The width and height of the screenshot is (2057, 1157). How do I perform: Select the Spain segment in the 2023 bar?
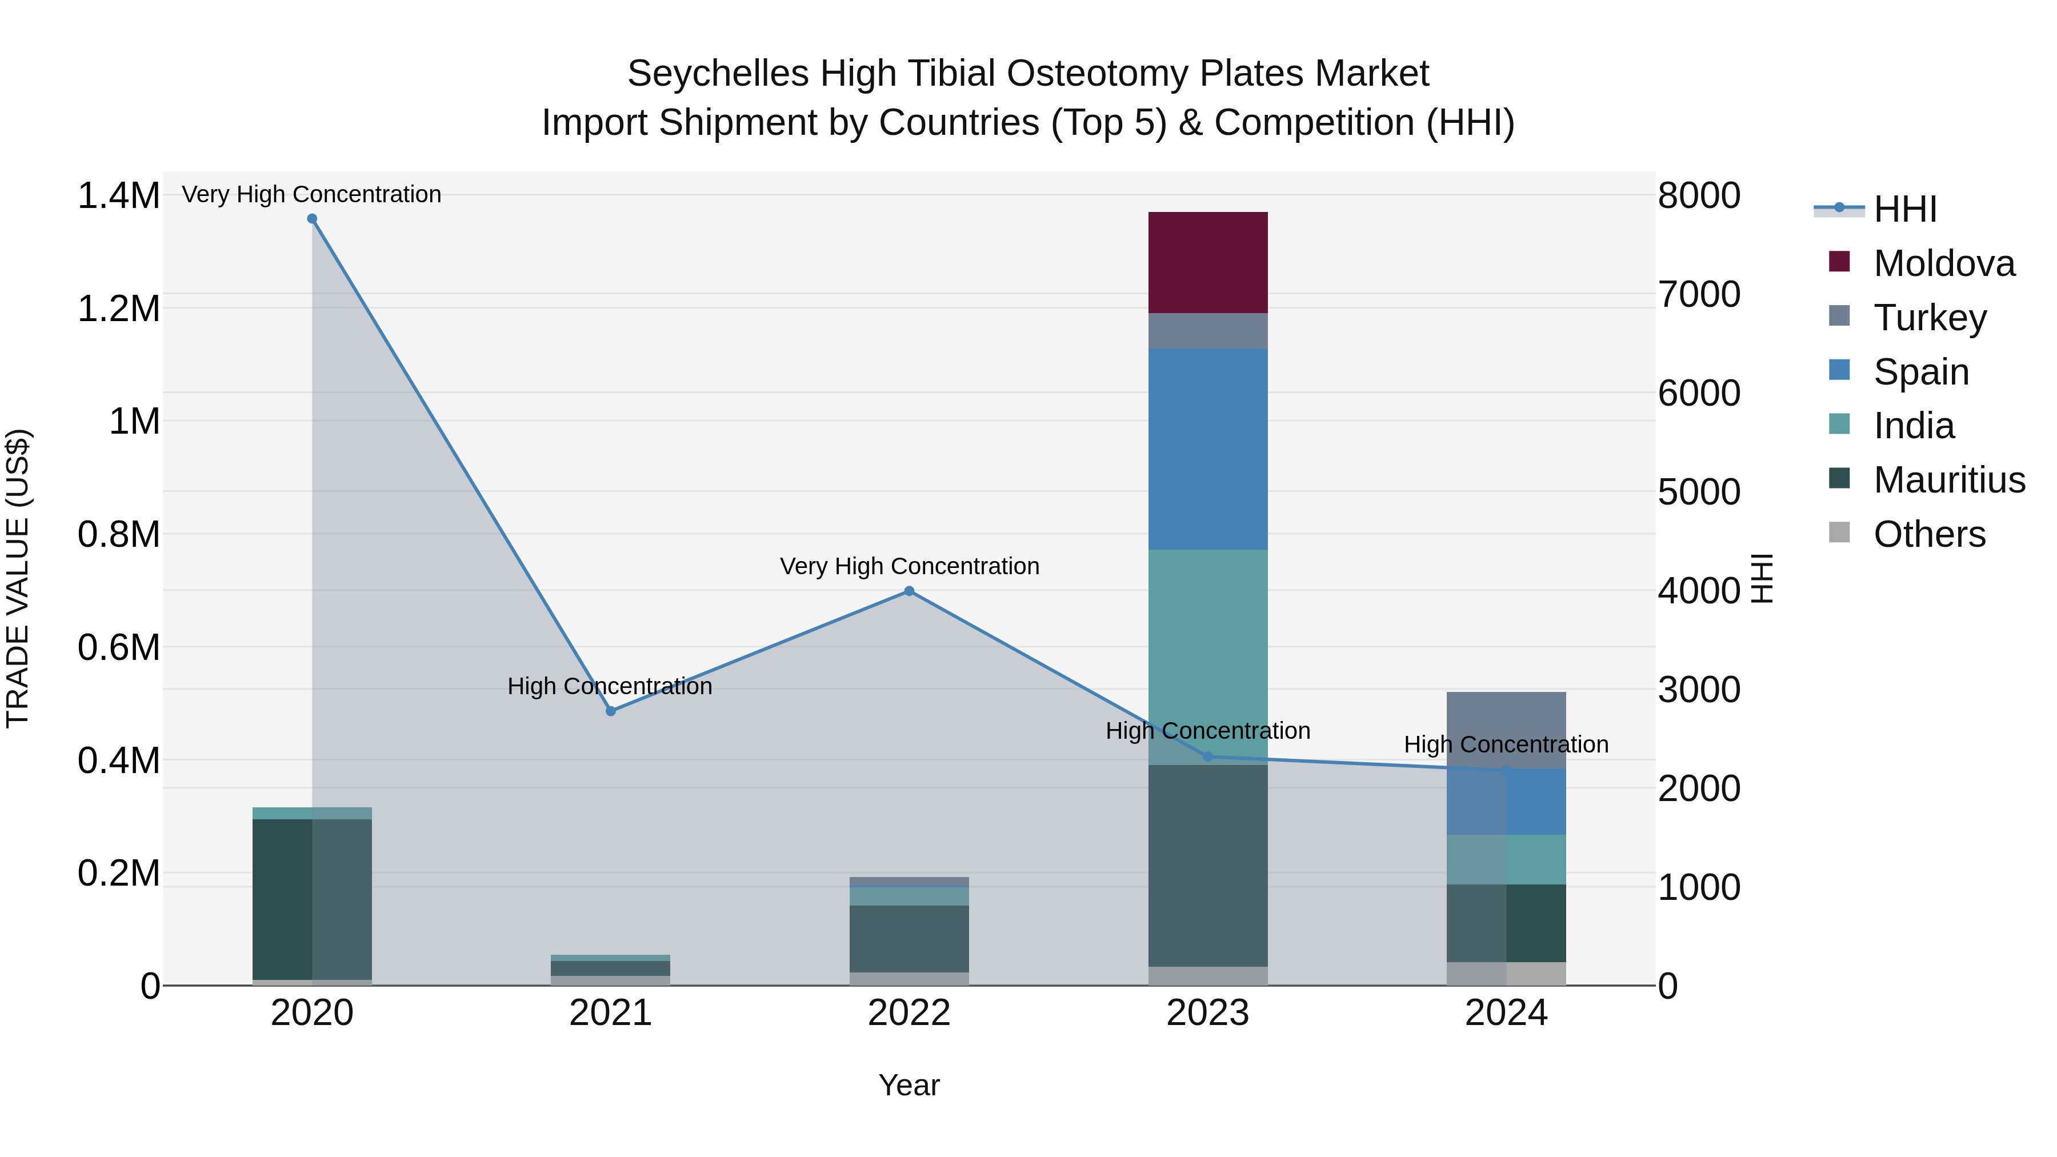1207,449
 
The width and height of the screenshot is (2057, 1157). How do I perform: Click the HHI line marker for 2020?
312,219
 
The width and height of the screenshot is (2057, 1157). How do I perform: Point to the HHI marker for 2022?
909,591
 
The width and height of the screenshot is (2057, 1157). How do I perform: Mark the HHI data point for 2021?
611,711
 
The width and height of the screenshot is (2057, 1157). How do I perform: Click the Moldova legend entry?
1944,263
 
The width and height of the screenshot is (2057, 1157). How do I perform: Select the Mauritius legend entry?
1948,480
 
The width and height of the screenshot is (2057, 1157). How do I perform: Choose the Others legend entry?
1928,534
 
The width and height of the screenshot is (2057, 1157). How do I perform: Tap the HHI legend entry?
1904,209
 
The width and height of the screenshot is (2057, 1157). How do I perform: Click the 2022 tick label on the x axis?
909,1013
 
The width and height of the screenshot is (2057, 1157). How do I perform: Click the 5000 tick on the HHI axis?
1699,493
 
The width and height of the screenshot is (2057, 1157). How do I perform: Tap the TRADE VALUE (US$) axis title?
18,578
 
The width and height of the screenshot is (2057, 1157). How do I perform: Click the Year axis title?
909,1085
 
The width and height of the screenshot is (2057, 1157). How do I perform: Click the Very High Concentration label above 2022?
909,566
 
